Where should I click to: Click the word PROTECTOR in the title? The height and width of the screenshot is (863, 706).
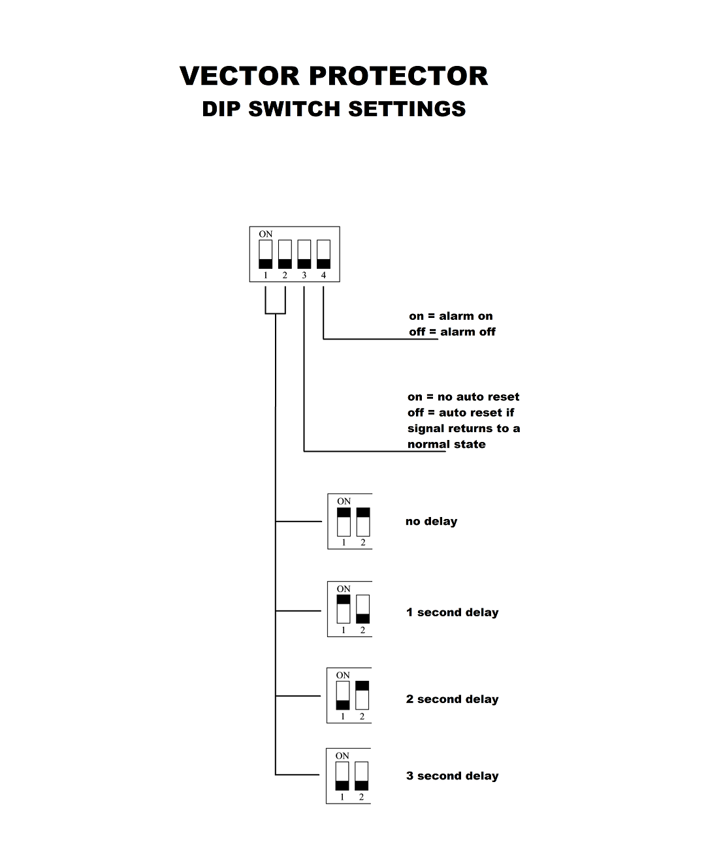pyautogui.click(x=398, y=76)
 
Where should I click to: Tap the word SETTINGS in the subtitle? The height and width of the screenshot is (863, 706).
pyautogui.click(x=406, y=109)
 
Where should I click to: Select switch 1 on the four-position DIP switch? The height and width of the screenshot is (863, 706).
pyautogui.click(x=266, y=255)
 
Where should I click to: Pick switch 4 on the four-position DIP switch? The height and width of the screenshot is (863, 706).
pyautogui.click(x=323, y=255)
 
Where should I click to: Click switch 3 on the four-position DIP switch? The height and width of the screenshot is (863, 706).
pyautogui.click(x=304, y=255)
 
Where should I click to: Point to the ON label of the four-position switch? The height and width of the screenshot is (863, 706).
pyautogui.click(x=266, y=234)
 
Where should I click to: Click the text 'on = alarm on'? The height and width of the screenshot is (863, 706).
pyautogui.click(x=451, y=316)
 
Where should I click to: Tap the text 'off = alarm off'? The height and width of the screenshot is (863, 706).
pyautogui.click(x=452, y=332)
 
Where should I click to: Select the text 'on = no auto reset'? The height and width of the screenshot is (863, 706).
pyautogui.click(x=463, y=397)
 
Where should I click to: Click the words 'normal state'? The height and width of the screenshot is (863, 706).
pyautogui.click(x=447, y=445)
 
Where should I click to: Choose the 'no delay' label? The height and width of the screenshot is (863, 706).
pyautogui.click(x=431, y=522)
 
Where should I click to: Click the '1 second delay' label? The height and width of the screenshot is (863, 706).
pyautogui.click(x=452, y=612)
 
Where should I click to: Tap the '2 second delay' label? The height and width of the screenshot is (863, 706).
pyautogui.click(x=452, y=699)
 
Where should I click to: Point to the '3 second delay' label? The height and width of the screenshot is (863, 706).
pyautogui.click(x=452, y=776)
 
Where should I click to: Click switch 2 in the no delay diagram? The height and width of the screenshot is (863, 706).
pyautogui.click(x=363, y=522)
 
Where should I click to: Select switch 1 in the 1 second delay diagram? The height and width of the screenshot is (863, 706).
pyautogui.click(x=344, y=608)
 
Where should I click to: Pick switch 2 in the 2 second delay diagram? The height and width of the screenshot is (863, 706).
pyautogui.click(x=362, y=695)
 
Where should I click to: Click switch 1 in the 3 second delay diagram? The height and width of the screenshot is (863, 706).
pyautogui.click(x=342, y=776)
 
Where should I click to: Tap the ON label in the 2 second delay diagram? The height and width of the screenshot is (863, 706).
pyautogui.click(x=343, y=675)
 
